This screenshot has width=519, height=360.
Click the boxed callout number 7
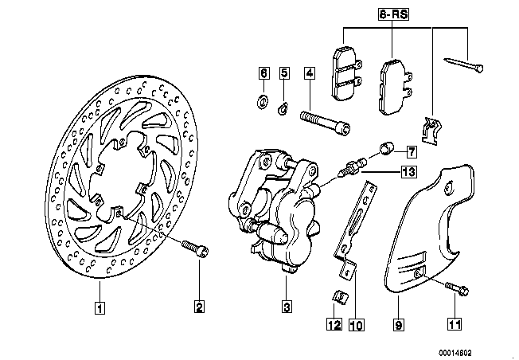[x=412, y=150]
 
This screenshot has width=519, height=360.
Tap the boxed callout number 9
[x=399, y=324]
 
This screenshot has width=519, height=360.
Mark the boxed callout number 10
[x=355, y=324]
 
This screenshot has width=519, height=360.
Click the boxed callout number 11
[x=455, y=324]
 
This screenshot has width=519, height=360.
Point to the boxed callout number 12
[x=334, y=324]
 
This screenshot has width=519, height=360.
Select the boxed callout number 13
[x=408, y=171]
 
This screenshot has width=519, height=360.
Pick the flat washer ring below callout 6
[x=263, y=101]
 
